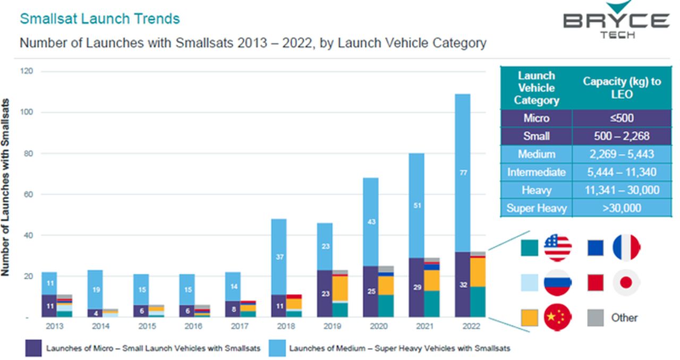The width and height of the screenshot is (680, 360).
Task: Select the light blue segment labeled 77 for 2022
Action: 463,173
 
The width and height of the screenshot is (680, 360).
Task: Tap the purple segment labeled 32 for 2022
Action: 463,284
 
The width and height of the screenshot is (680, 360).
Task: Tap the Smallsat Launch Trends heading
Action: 99,19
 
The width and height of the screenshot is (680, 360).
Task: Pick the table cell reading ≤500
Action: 623,118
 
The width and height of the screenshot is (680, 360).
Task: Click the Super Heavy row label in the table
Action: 537,208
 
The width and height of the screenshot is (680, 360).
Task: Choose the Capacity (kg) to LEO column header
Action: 623,88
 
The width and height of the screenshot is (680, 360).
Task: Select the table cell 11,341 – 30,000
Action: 623,190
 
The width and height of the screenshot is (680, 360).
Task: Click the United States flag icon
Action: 558,248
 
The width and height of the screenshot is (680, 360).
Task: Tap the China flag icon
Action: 558,318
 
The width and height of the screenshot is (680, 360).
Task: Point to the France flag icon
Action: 627,248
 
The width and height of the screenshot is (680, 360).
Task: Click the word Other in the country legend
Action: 624,318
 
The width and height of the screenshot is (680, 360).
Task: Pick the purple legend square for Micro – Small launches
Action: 33,348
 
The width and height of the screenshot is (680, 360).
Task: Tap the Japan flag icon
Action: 627,282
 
